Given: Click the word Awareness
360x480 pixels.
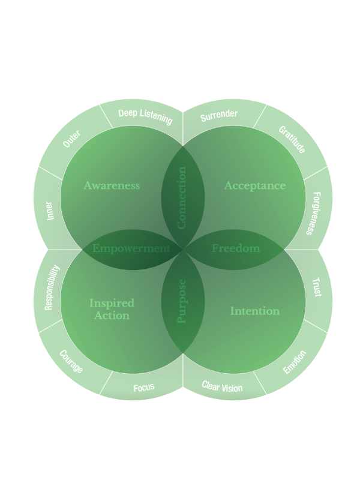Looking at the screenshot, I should (x=112, y=185).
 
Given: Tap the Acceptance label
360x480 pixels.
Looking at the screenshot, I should (x=255, y=185).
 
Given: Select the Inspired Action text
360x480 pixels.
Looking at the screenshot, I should (x=112, y=309).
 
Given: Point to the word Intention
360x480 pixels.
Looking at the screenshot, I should (x=255, y=311).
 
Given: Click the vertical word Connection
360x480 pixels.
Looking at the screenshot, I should (x=182, y=197).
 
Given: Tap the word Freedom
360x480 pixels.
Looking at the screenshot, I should (x=236, y=248).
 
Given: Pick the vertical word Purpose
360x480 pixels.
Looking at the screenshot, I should (x=182, y=300).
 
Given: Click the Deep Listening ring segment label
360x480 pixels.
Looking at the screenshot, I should (x=145, y=116).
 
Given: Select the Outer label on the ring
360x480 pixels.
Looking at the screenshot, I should (x=71, y=139).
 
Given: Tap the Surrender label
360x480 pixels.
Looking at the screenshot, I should (x=219, y=114).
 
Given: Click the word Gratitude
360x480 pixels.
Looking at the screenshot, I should (x=292, y=140).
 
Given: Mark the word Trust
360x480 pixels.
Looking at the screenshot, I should (x=317, y=287).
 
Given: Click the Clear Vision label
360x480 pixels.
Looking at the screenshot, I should (x=222, y=387).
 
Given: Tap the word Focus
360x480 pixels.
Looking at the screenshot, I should (x=143, y=387).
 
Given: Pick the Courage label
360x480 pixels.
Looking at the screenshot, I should (x=71, y=362).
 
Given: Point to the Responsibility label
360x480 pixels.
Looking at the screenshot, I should (x=52, y=288).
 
